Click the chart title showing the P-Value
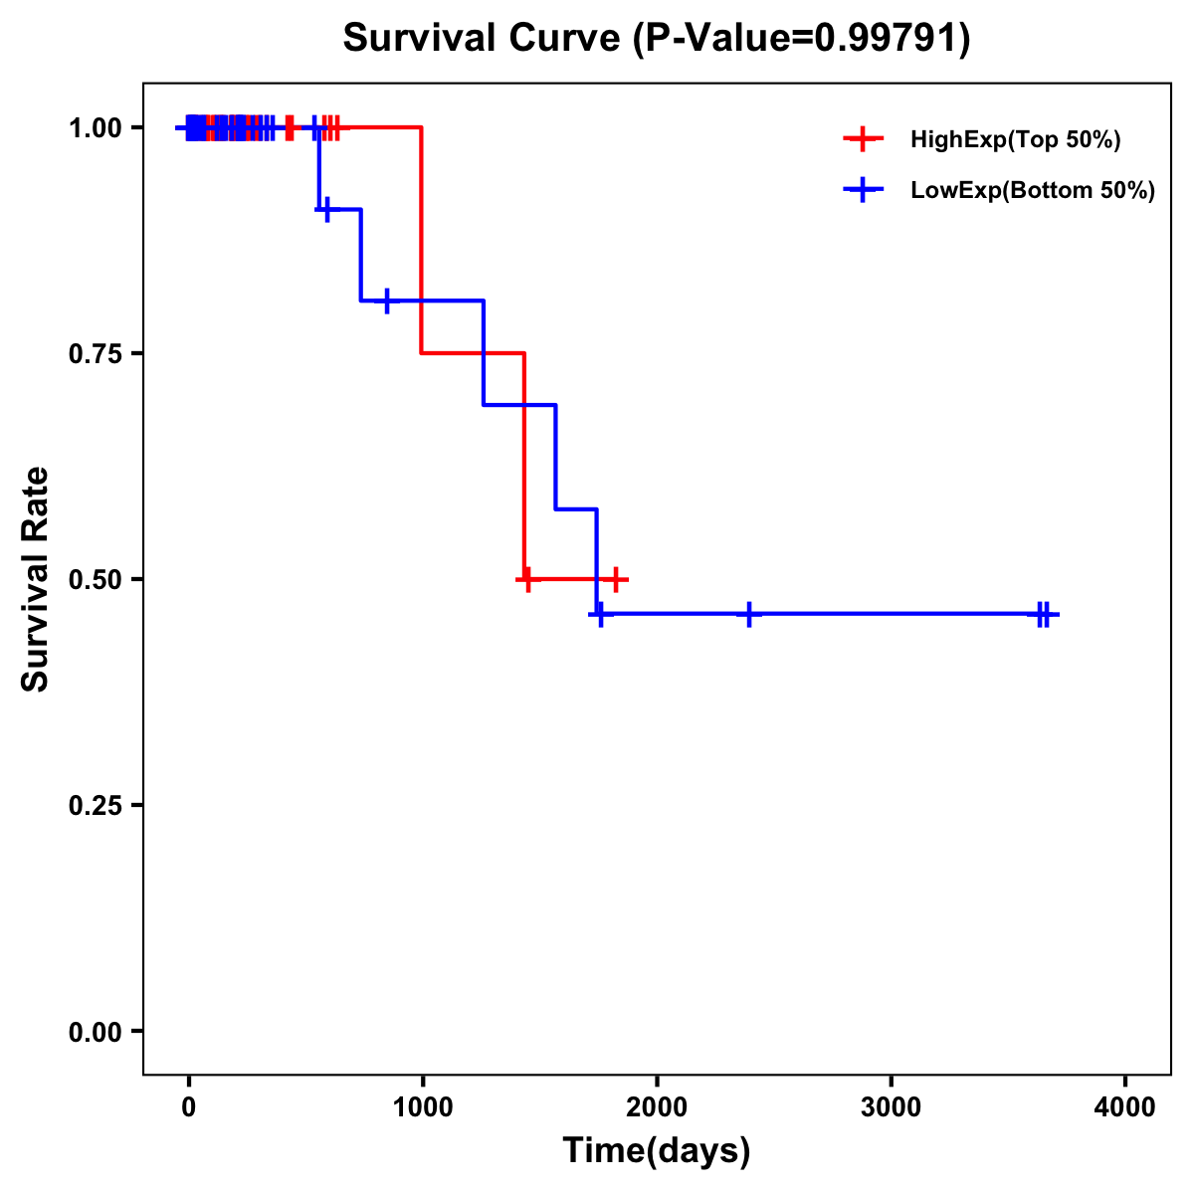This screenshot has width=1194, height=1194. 656,38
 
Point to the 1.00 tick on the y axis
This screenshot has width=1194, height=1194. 95,128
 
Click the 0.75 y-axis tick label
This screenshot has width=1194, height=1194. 95,354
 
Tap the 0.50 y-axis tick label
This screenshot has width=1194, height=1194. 95,580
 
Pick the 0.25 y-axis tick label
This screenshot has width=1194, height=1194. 95,806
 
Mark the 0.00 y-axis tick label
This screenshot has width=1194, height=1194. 95,1032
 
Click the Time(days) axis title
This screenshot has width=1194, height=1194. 657,1151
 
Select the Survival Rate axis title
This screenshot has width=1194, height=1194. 36,579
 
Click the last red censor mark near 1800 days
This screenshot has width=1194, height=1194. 617,579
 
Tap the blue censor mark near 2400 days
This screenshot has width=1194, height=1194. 749,614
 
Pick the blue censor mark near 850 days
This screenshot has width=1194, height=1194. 387,299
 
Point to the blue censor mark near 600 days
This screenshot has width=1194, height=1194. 327,209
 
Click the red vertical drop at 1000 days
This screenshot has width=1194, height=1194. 422,239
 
